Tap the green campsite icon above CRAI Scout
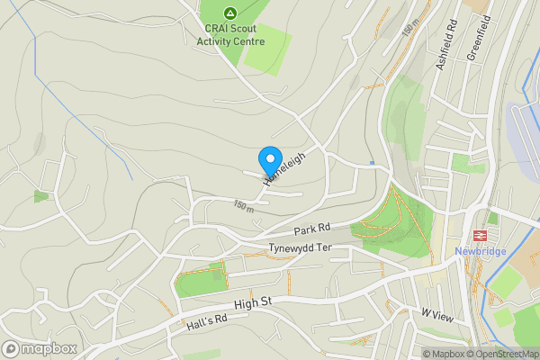click(x=231, y=13)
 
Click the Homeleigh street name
click(x=284, y=168)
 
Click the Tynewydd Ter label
click(x=300, y=247)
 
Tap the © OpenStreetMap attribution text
click(x=501, y=354)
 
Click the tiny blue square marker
click(x=372, y=163)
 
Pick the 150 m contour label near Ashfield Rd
click(x=411, y=29)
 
